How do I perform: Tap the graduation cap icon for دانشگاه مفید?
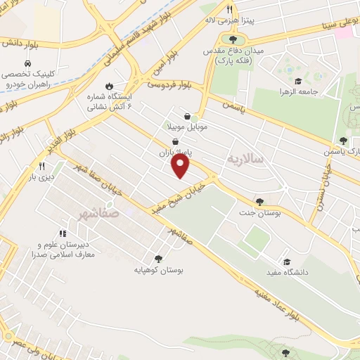(x=286, y=262)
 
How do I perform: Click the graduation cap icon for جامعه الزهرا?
(x=298, y=82)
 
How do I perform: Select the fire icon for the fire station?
(x=110, y=86)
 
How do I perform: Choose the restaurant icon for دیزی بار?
(x=41, y=166)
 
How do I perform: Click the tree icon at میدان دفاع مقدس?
(x=233, y=39)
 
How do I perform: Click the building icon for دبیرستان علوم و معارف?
(x=62, y=233)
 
